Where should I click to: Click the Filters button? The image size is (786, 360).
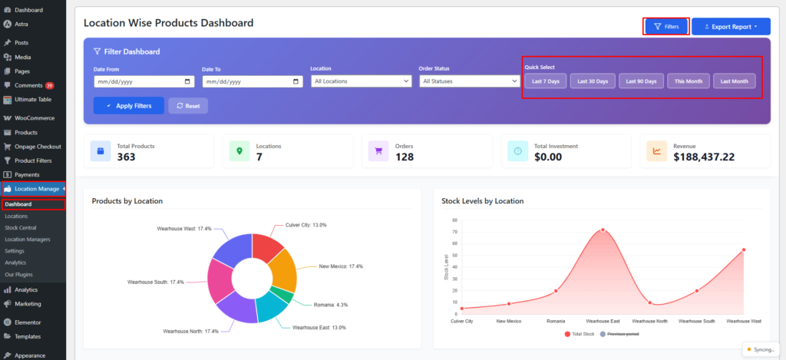pyautogui.click(x=666, y=27)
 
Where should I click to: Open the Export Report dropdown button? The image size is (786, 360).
pyautogui.click(x=731, y=27)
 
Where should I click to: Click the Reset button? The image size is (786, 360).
pyautogui.click(x=188, y=105)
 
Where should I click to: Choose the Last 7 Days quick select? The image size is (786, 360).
pyautogui.click(x=546, y=81)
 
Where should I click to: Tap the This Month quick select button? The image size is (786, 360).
pyautogui.click(x=689, y=81)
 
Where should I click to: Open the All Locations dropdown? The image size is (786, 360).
pyautogui.click(x=362, y=81)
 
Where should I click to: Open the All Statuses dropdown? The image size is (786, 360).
pyautogui.click(x=471, y=81)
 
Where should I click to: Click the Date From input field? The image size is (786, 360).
pyautogui.click(x=144, y=81)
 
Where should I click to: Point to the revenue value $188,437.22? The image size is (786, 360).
pyautogui.click(x=704, y=157)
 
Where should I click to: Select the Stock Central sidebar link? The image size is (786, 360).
pyautogui.click(x=20, y=228)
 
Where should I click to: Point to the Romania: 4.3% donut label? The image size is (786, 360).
pyautogui.click(x=331, y=305)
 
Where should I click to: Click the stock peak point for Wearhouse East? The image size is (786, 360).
pyautogui.click(x=603, y=230)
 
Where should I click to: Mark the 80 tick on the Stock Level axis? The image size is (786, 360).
pyautogui.click(x=454, y=220)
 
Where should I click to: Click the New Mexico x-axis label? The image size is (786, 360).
pyautogui.click(x=509, y=321)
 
